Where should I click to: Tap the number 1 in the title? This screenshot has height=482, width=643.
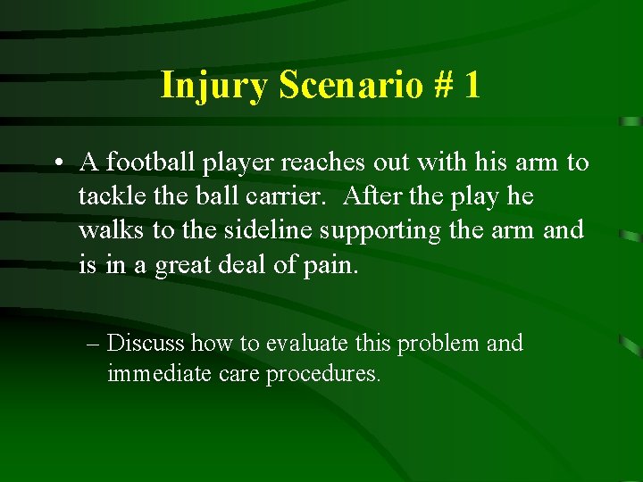pyautogui.click(x=472, y=86)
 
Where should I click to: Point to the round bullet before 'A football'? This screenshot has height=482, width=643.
pyautogui.click(x=56, y=163)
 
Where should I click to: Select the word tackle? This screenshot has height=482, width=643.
pyautogui.click(x=108, y=196)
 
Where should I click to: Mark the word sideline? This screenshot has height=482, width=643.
pyautogui.click(x=259, y=230)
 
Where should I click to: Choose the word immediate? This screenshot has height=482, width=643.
pyautogui.click(x=156, y=373)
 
